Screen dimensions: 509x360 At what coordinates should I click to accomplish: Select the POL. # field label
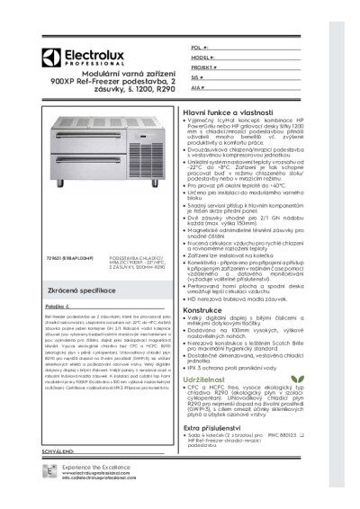200,45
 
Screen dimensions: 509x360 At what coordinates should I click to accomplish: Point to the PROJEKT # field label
204,67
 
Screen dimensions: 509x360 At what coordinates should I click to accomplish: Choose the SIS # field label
197,78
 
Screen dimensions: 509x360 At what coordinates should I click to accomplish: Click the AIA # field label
198,90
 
